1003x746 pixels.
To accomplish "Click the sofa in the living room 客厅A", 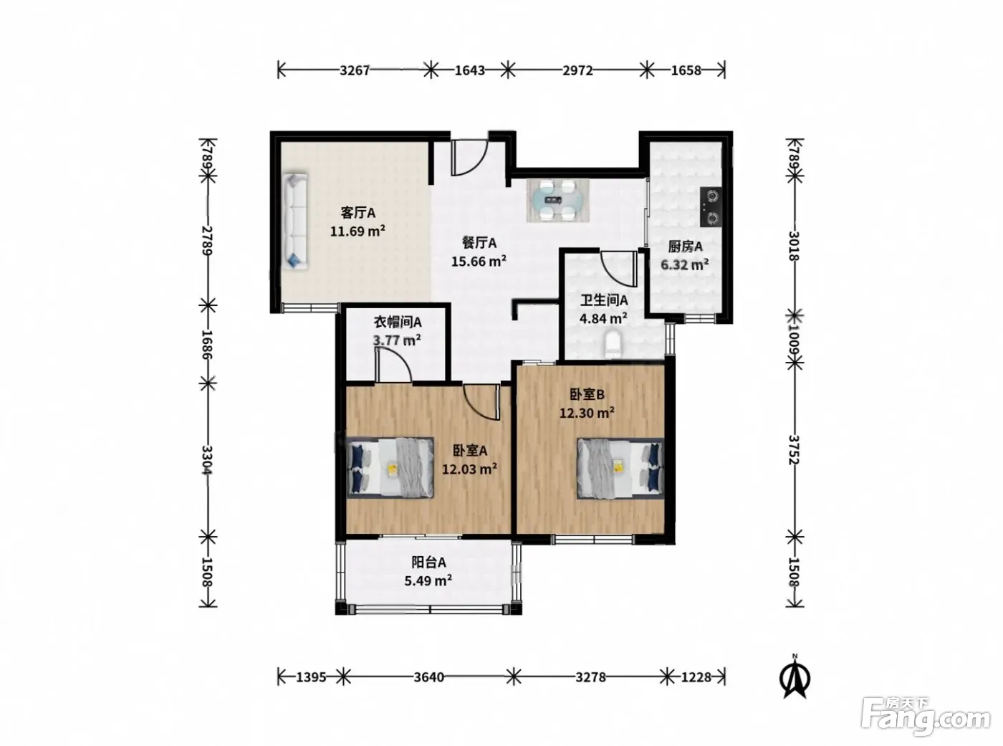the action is (295, 220).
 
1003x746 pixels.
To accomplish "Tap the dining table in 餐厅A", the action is (558, 200).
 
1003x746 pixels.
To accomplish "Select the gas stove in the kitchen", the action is (711, 207).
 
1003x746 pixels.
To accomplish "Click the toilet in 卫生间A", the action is (614, 344).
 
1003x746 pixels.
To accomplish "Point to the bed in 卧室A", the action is (390, 468).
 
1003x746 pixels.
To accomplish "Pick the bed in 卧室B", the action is (620, 468).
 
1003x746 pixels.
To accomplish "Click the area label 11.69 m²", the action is (357, 231).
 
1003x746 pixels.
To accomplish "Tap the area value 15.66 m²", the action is (479, 261).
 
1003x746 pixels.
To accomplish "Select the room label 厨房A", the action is (685, 247).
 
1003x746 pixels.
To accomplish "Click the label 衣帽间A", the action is (398, 322).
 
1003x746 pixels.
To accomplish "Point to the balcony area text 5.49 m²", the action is (428, 580).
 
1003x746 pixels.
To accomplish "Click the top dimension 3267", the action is (355, 70).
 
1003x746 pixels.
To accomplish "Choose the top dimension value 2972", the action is (577, 70).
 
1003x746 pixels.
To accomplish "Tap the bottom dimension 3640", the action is (428, 677).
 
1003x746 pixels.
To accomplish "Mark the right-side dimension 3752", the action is (795, 450).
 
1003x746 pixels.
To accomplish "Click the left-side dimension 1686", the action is (207, 344).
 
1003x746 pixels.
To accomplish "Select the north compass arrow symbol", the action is (795, 678).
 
